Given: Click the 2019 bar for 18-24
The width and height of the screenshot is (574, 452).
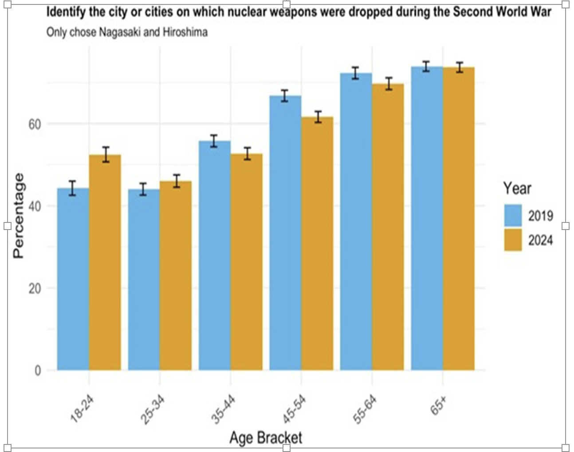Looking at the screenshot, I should point(73,279).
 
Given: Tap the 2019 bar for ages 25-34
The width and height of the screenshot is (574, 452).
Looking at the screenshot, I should point(144,280).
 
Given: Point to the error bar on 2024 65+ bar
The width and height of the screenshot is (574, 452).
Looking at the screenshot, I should point(460,67).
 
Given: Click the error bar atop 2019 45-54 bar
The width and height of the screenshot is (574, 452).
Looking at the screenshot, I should point(285,95).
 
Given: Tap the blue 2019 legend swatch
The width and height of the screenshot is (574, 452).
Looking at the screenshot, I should point(513,215).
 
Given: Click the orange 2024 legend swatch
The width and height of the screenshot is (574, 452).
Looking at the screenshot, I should point(513,240).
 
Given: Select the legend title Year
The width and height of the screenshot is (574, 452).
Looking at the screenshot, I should point(517,188).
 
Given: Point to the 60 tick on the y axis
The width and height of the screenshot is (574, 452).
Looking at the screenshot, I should point(35,124).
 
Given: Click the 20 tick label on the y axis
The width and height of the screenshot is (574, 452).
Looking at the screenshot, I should point(35,288).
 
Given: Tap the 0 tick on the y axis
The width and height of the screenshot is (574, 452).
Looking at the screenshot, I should point(38,370).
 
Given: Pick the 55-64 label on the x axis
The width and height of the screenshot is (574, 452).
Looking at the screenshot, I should point(365,409).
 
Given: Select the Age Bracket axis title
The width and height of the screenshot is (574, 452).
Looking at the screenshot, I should point(266,438).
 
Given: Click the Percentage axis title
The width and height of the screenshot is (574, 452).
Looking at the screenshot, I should point(18,215).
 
